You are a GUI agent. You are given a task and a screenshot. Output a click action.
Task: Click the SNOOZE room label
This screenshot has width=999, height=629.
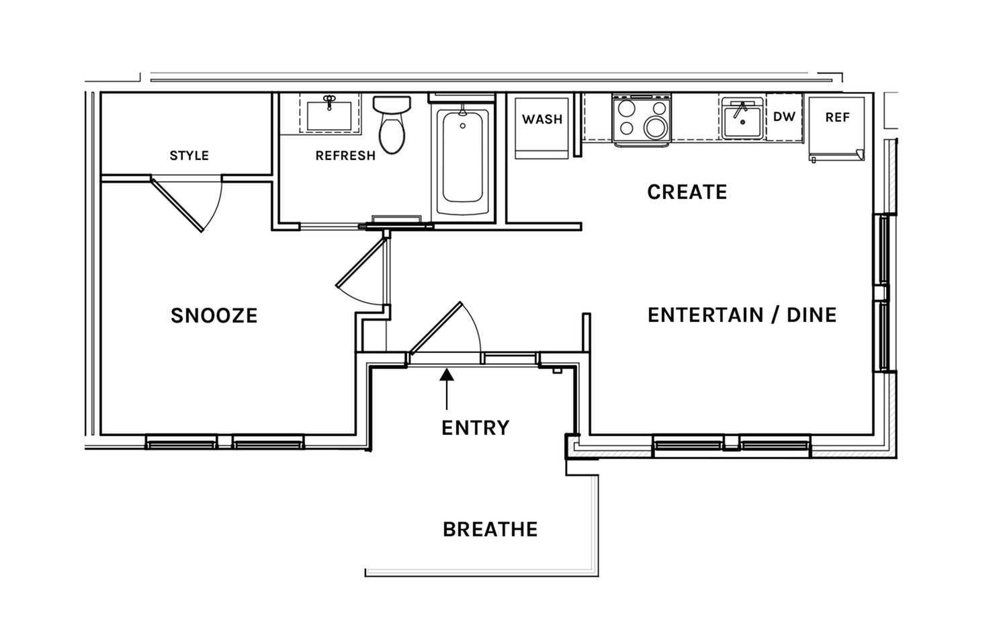coord(214,315)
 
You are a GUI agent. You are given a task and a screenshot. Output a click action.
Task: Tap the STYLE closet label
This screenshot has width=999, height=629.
coord(189,156)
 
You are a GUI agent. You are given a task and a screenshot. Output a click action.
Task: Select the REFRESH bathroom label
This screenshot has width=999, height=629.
coord(345,156)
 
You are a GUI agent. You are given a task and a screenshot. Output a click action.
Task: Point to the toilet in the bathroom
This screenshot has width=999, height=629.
coord(392,124)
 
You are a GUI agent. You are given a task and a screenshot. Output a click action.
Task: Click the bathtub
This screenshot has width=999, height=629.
coord(463,160)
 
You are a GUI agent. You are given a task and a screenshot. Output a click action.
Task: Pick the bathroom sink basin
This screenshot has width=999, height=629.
coord(329,116)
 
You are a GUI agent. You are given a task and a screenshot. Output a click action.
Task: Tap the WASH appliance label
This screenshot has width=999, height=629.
coord(542,119)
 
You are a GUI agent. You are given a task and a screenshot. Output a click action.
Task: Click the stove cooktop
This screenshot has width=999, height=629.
coord(642,119)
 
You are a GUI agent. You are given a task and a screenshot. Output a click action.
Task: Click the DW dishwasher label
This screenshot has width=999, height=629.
coord(784,117)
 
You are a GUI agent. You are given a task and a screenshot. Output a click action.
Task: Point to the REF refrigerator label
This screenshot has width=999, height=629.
coord(838,118)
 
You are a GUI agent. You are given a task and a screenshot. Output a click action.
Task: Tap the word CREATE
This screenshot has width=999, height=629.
coord(687,192)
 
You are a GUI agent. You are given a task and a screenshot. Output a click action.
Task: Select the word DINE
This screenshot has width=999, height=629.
coord(812,315)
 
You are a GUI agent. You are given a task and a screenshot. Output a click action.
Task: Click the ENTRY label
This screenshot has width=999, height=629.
coord(476,428)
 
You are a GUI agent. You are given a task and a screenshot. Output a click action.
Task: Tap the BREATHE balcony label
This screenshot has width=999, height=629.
coord(490,530)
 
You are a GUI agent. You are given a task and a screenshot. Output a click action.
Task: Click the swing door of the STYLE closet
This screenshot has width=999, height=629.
coord(177,205)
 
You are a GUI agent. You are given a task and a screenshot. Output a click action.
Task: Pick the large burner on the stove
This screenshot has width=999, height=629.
coord(655,128)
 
